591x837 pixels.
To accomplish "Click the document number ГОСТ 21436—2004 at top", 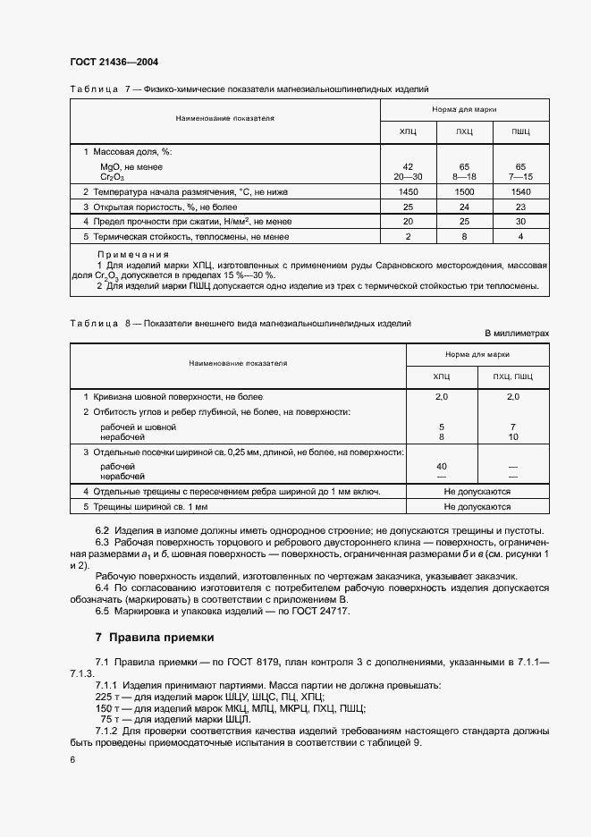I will coord(114,62).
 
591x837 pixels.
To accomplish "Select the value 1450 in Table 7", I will coord(408,191).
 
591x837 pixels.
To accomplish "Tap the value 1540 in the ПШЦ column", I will coord(520,191).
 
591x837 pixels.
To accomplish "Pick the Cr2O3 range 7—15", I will coord(520,177).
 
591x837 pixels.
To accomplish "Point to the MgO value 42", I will coord(408,167).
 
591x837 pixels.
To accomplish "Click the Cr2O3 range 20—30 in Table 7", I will coord(408,177).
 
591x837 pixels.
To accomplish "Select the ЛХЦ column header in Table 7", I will coord(464,131).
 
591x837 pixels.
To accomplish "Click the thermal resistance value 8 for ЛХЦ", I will coord(464,236).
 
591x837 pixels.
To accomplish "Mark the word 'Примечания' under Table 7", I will coord(132,255).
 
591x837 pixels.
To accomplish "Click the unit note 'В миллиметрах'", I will coord(517,333).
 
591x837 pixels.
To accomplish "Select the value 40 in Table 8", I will coord(441,467).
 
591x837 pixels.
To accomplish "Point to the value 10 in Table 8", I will coord(512,437).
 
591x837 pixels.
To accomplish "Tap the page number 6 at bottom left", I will coord(72,758).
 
